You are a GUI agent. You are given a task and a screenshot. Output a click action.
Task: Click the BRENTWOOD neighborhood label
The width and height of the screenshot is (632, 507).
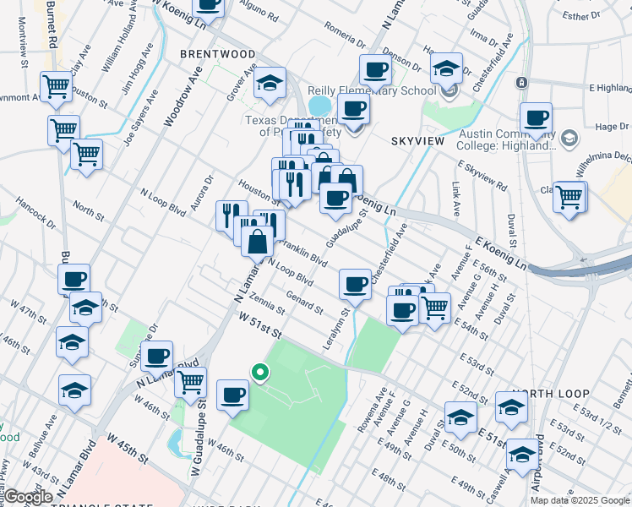(x=217, y=54)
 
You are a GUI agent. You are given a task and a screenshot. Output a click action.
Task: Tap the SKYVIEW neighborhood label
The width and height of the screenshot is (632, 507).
(x=417, y=140)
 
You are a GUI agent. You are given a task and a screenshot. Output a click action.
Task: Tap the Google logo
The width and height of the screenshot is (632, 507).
(x=28, y=498)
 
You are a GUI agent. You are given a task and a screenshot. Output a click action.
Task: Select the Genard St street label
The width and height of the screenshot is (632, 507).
(x=305, y=301)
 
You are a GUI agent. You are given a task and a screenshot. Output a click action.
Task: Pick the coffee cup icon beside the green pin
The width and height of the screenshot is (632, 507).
(x=232, y=395)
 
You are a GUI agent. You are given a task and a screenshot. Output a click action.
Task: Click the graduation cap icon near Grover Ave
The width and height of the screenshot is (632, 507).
(x=270, y=83)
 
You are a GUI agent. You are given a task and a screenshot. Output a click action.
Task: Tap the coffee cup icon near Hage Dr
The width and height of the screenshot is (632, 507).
(x=536, y=119)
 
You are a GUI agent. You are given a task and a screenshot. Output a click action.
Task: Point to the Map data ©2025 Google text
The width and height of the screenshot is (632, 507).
(x=580, y=500)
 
